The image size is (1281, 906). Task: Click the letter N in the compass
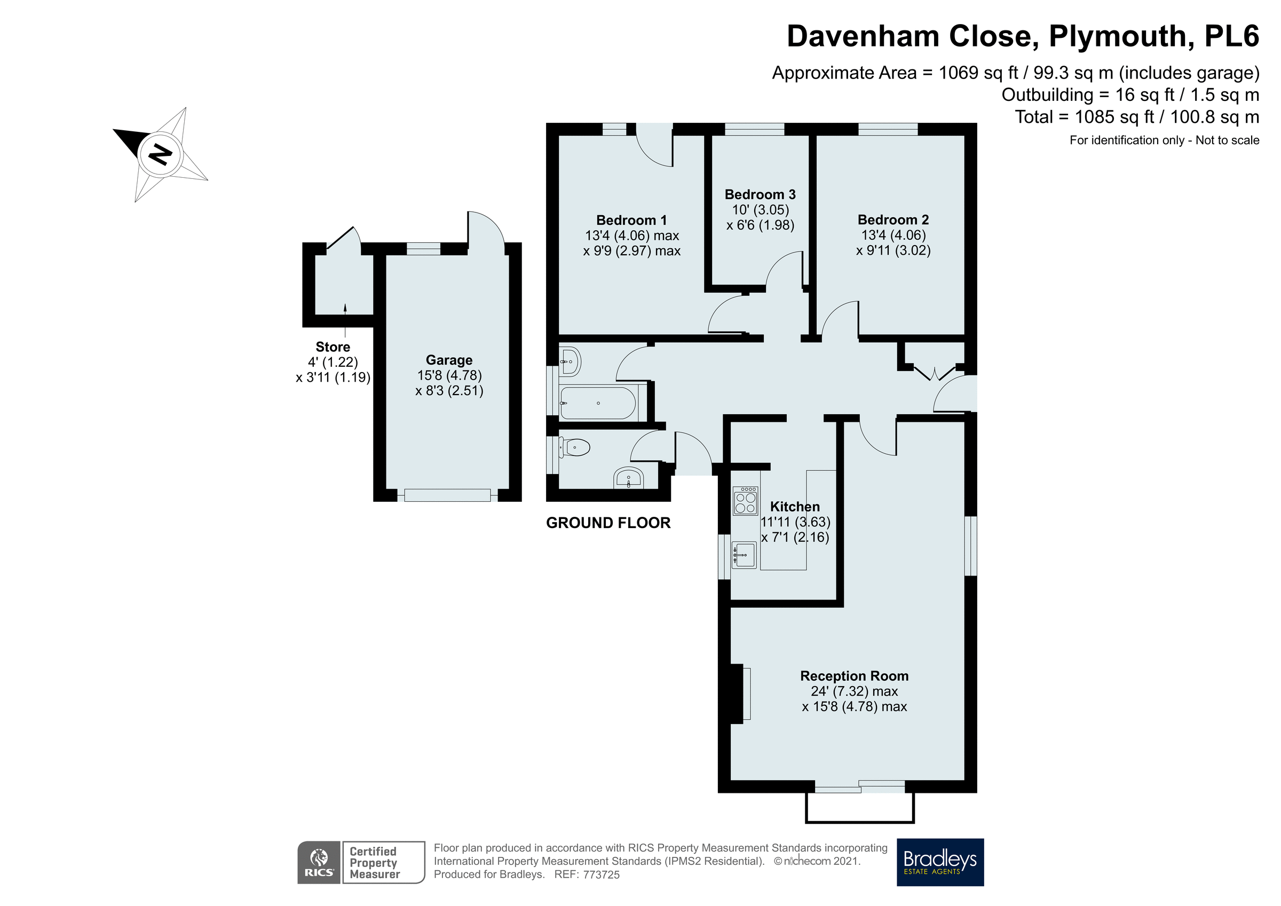[161, 155]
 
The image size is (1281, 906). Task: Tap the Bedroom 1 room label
[631, 220]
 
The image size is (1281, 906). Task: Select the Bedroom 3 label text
[760, 194]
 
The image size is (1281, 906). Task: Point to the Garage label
[448, 360]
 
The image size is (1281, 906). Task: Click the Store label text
[333, 346]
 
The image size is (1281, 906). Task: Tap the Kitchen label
[795, 506]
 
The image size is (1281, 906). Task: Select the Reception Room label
[853, 676]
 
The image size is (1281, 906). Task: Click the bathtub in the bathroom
[598, 403]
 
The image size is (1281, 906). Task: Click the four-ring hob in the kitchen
[746, 500]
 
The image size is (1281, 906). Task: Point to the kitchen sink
[744, 555]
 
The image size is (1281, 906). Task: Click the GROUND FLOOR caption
[607, 523]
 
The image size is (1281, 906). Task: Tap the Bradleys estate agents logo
[939, 862]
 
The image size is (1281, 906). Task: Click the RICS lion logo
[319, 862]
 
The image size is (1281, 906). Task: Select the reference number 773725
[601, 875]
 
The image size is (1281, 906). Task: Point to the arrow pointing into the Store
[345, 308]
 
